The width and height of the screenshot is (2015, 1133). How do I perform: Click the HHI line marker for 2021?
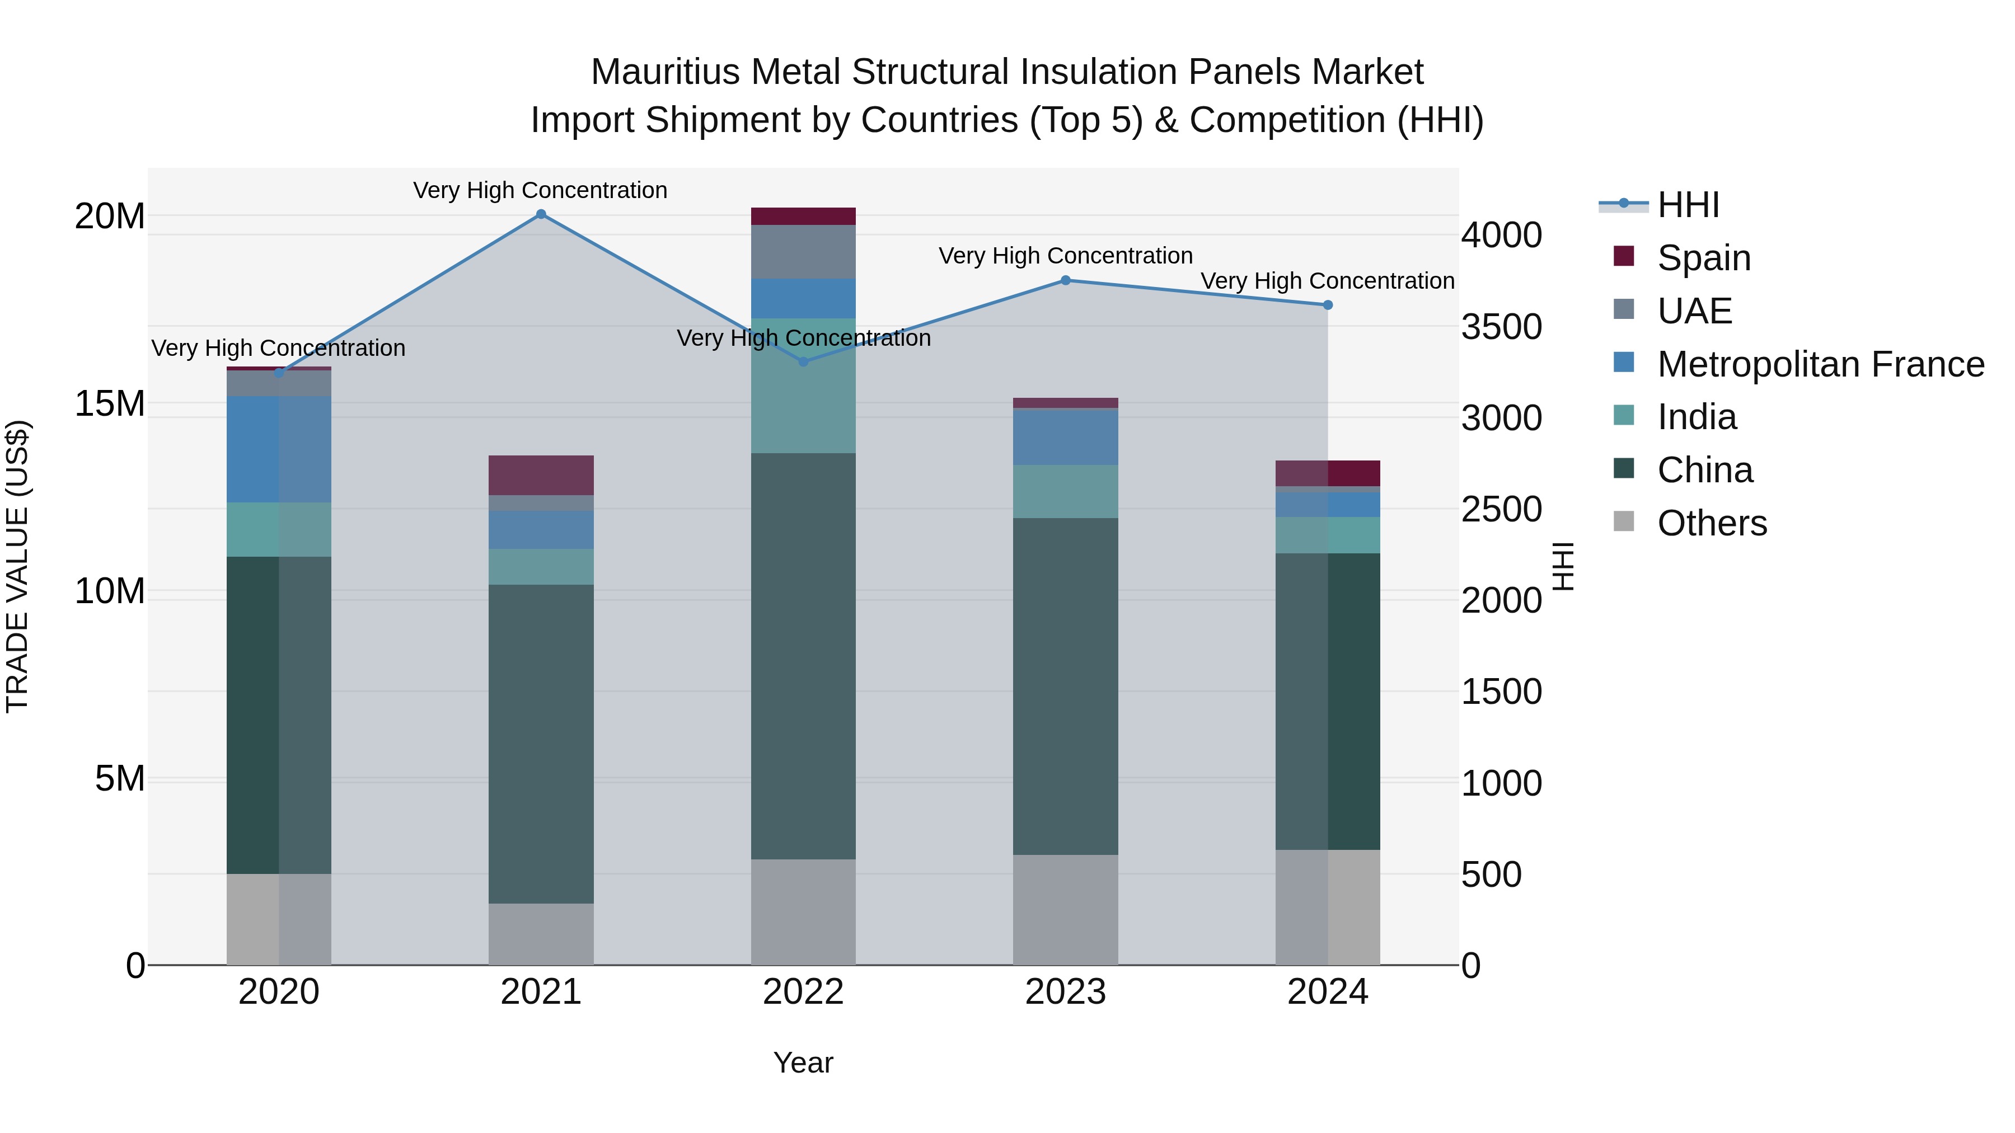click(541, 214)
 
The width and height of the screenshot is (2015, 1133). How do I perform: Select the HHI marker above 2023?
click(1065, 280)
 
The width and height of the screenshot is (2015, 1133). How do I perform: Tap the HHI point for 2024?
click(1328, 305)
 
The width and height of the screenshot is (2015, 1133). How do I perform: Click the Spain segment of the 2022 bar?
click(803, 216)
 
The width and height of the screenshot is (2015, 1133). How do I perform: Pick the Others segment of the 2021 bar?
click(541, 934)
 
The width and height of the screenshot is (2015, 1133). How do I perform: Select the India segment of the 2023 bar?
click(1065, 491)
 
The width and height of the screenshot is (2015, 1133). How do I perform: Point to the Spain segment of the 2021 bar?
click(541, 474)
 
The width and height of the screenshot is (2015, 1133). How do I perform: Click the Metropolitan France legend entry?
click(1820, 364)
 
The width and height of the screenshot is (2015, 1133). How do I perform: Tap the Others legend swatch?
click(1624, 521)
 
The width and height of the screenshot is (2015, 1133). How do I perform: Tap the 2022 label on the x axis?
click(803, 992)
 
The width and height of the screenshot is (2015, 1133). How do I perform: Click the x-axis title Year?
click(803, 1063)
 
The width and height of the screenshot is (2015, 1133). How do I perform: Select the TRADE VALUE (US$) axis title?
click(17, 566)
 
